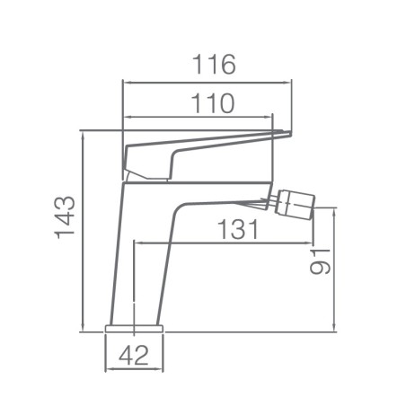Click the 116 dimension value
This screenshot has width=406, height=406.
point(214,65)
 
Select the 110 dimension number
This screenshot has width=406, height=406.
point(212,103)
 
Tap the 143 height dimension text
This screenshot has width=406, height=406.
point(65,217)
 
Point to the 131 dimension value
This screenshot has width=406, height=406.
point(237,229)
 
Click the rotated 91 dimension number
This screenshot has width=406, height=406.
point(320,261)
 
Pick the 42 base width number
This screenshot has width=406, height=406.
point(134,355)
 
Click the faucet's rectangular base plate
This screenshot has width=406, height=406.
point(134,329)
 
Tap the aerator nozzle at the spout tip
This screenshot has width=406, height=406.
point(296,203)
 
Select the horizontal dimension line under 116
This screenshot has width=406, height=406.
point(207,82)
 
